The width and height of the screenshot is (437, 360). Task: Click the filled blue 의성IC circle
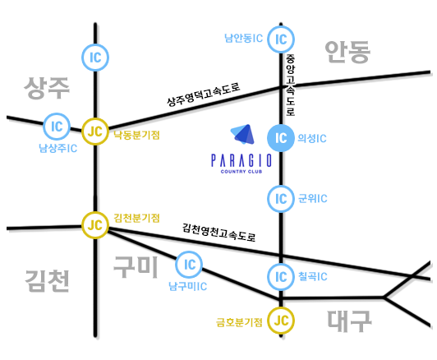[x=281, y=138]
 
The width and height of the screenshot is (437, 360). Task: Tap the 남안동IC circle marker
[x=281, y=39]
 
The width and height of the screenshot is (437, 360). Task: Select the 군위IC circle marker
[x=281, y=199]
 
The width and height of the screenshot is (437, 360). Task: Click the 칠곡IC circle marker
[x=281, y=277]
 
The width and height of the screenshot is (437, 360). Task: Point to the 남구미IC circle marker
[x=189, y=265]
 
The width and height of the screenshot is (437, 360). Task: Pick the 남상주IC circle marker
[x=57, y=127]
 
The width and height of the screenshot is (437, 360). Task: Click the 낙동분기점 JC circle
[x=95, y=132]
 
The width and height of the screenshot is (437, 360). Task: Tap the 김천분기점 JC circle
[x=95, y=225]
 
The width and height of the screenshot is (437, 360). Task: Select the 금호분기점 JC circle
[x=281, y=321]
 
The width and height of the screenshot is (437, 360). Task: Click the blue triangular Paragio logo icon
[x=243, y=135]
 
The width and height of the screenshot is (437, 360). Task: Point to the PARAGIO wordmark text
[x=241, y=160]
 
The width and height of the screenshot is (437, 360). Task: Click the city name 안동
[x=347, y=52]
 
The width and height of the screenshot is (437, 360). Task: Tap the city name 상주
[x=47, y=88]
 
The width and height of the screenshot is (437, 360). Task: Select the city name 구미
[x=136, y=267]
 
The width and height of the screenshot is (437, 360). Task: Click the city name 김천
[x=47, y=281]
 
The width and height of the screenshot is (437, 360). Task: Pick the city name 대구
[x=349, y=321]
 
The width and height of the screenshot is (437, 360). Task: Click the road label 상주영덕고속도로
[x=204, y=95]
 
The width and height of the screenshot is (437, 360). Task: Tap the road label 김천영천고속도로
[x=219, y=233]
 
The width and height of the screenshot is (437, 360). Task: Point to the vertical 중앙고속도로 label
[x=291, y=85]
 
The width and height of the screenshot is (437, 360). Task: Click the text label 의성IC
[x=312, y=138]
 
